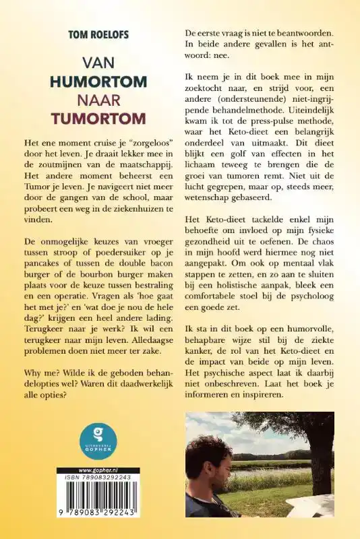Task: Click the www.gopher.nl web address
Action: [98, 470]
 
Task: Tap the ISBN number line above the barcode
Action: [98, 479]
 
